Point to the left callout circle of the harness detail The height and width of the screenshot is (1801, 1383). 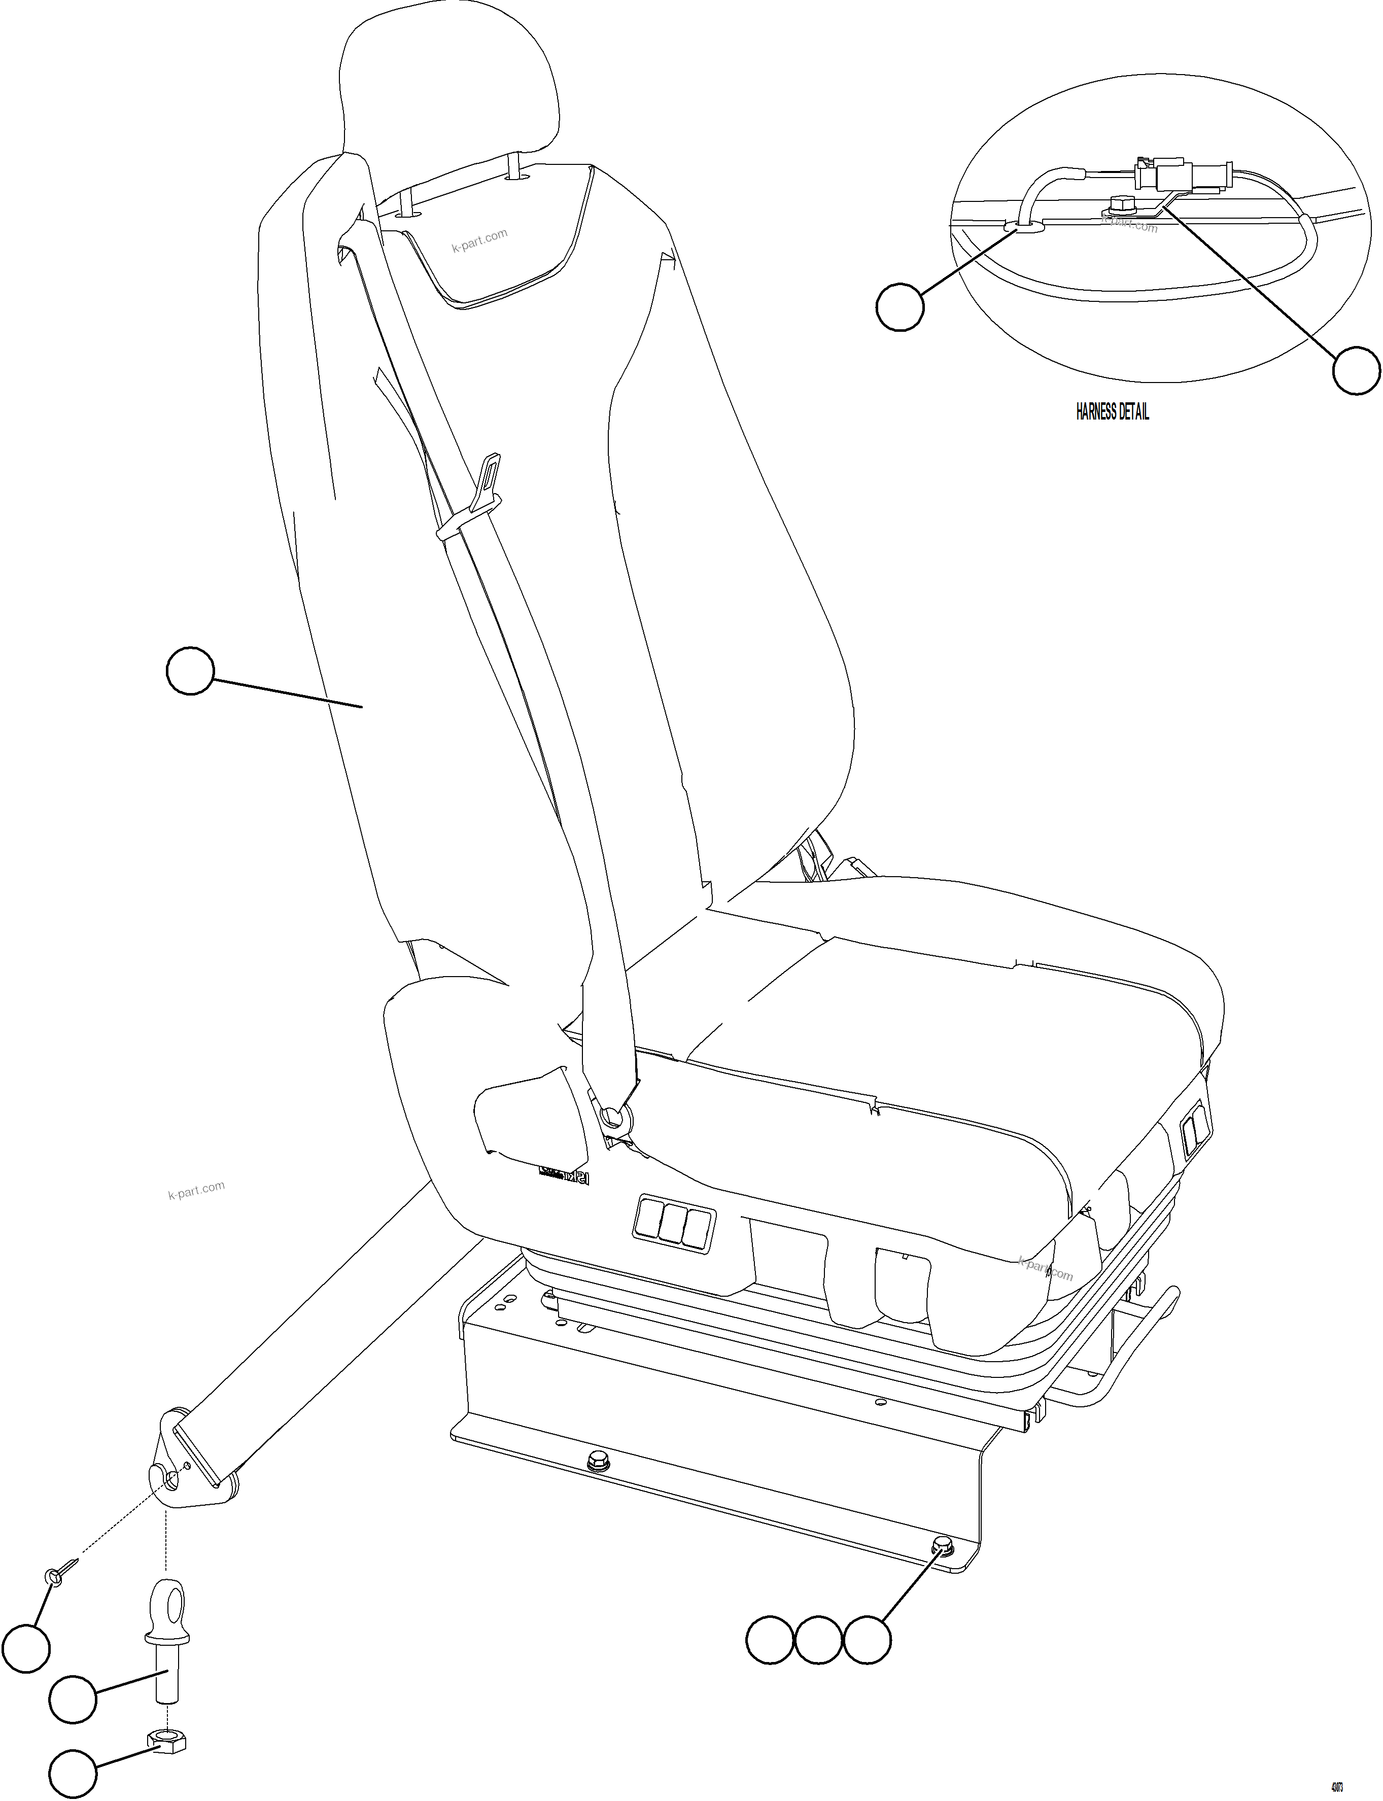900,307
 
